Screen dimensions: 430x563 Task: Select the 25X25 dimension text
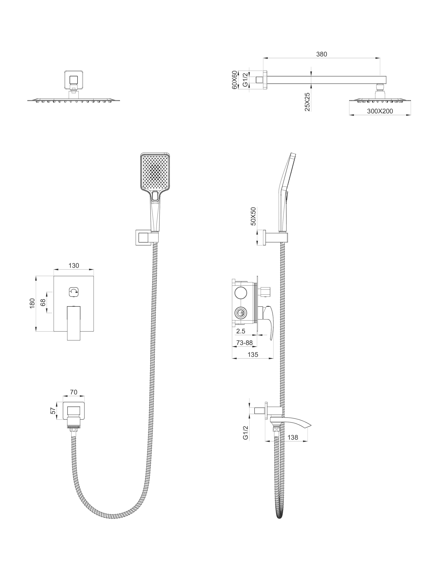click(x=307, y=102)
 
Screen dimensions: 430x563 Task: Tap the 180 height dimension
click(x=32, y=303)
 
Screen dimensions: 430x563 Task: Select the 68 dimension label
click(x=43, y=303)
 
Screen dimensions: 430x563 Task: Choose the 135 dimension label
click(x=253, y=355)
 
